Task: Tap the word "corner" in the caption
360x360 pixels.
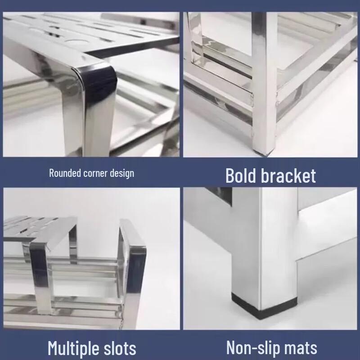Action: pos(94,173)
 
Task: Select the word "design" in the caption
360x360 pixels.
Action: pos(121,173)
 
